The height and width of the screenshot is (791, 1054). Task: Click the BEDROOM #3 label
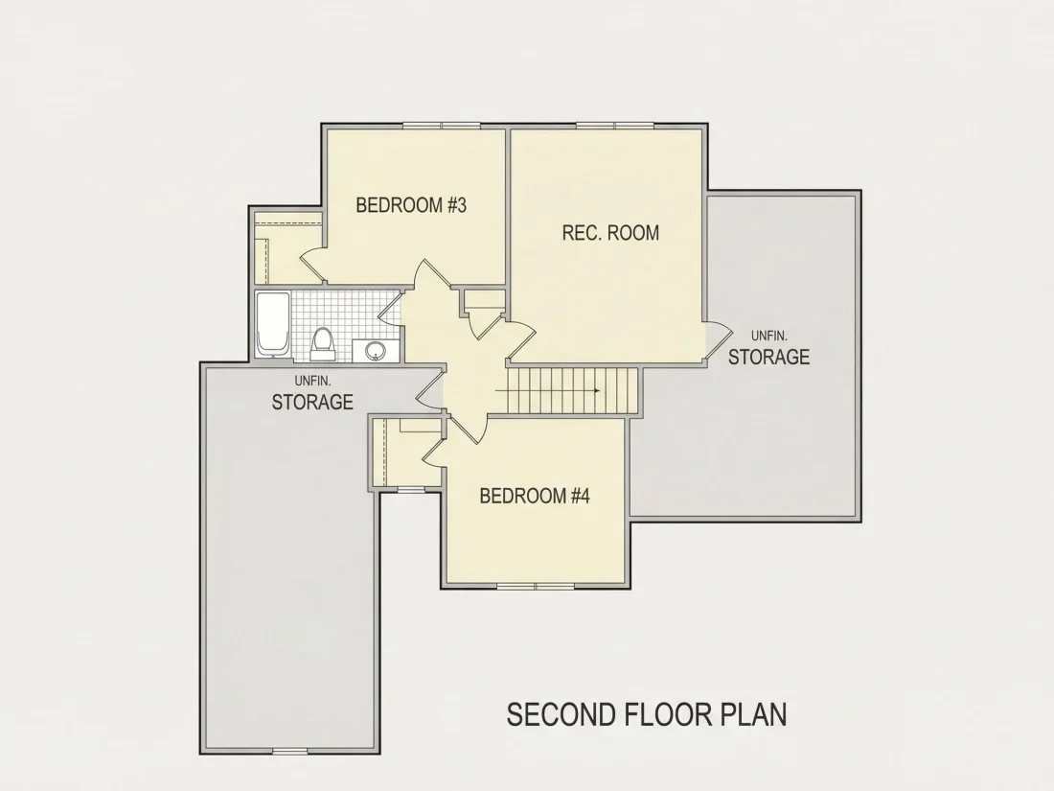pyautogui.click(x=411, y=205)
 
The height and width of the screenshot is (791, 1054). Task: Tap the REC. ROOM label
pyautogui.click(x=610, y=233)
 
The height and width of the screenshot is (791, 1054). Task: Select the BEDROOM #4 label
pyautogui.click(x=535, y=497)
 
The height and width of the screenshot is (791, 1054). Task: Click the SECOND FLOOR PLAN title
pyautogui.click(x=647, y=714)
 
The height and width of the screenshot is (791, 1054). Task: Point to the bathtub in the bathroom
pyautogui.click(x=273, y=324)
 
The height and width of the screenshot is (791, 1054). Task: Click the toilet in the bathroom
pyautogui.click(x=323, y=342)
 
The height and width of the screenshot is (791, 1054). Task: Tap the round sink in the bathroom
pyautogui.click(x=375, y=350)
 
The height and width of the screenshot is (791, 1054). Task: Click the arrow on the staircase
pyautogui.click(x=548, y=391)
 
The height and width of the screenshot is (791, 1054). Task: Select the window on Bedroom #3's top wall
pyautogui.click(x=442, y=125)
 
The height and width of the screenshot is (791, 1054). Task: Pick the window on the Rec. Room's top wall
pyautogui.click(x=615, y=125)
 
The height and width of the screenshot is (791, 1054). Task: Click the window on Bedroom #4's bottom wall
pyautogui.click(x=536, y=586)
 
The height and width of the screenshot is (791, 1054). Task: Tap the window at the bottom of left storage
pyautogui.click(x=289, y=751)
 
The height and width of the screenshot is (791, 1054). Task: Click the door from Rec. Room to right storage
pyautogui.click(x=718, y=340)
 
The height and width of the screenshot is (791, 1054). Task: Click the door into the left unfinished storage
pyautogui.click(x=430, y=390)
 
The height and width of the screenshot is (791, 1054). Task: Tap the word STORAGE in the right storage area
pyautogui.click(x=769, y=357)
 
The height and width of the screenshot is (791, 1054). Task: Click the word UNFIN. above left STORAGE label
pyautogui.click(x=312, y=382)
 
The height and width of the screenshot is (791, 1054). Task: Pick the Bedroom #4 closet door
pyautogui.click(x=434, y=450)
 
